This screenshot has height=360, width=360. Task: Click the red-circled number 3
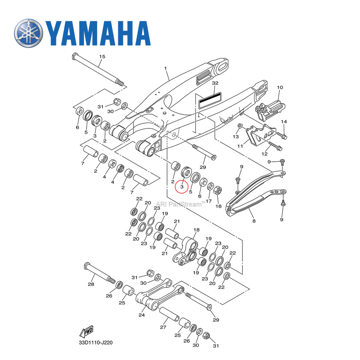point(182,187)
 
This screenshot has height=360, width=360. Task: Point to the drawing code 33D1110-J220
point(96,343)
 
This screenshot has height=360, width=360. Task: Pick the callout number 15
point(102,57)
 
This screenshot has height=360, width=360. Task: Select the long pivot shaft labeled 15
point(97,70)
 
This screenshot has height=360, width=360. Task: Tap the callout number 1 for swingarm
point(166,68)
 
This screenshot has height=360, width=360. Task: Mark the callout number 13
point(236,137)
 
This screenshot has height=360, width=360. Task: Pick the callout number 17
point(208,201)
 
